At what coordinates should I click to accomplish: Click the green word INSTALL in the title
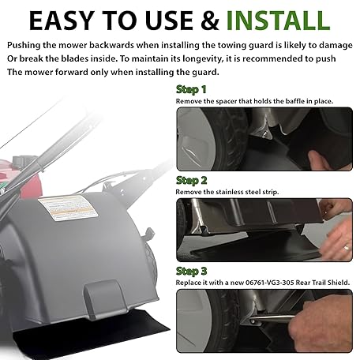[x=278, y=21]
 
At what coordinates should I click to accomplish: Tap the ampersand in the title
[x=210, y=21]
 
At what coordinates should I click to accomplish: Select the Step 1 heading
[x=191, y=89]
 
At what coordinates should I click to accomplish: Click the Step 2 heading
[x=191, y=181]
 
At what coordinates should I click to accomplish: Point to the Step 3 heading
[x=191, y=272]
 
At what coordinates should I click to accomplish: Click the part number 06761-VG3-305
[x=269, y=283]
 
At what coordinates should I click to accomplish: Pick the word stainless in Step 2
[x=230, y=192]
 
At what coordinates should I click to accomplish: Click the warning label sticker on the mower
[x=68, y=208]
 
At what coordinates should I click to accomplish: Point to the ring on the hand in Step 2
[x=347, y=248]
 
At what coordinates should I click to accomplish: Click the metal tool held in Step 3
[x=272, y=318]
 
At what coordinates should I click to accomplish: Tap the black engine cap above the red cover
[x=24, y=160]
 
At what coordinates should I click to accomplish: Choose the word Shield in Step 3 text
[x=339, y=283]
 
